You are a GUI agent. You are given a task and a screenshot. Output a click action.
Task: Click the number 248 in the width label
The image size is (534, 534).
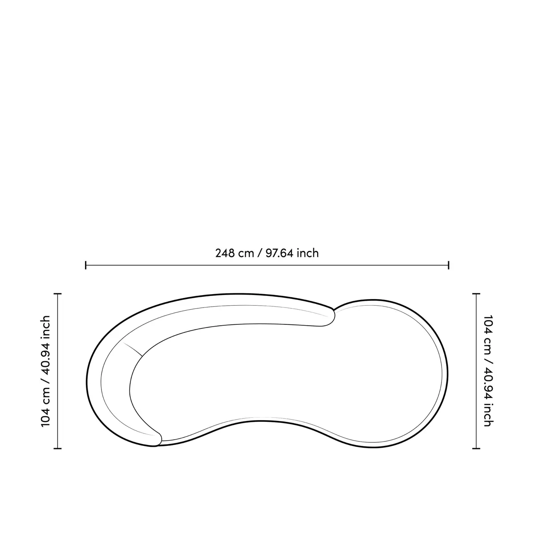pyautogui.click(x=224, y=253)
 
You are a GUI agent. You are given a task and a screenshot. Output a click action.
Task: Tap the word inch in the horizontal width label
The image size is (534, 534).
pyautogui.click(x=308, y=253)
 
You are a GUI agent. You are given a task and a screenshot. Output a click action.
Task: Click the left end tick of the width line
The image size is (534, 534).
pyautogui.click(x=86, y=265)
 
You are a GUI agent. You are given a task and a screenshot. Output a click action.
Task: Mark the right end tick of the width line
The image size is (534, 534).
pyautogui.click(x=449, y=265)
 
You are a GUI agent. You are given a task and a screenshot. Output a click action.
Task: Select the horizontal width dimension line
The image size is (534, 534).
pyautogui.click(x=267, y=265)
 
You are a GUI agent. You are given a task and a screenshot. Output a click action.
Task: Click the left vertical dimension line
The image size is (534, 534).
pyautogui.click(x=58, y=371)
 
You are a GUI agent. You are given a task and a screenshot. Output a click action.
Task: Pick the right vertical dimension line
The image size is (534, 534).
pyautogui.click(x=476, y=371)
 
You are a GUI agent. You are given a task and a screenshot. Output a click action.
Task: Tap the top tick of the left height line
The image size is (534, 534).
pyautogui.click(x=58, y=294)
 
